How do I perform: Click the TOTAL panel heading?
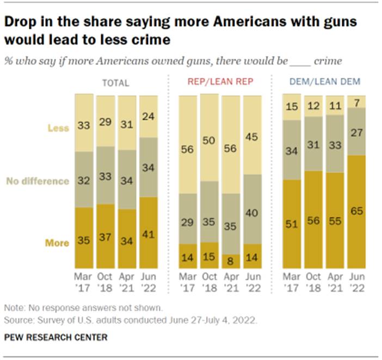point(116,83)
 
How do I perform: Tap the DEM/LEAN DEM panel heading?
point(324,83)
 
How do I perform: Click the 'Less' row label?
point(59,128)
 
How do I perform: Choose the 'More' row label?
point(57,243)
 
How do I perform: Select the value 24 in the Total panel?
point(149,115)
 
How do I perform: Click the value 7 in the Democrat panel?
point(357,102)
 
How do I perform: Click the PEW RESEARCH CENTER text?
point(56,337)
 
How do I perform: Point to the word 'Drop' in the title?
point(20,22)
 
